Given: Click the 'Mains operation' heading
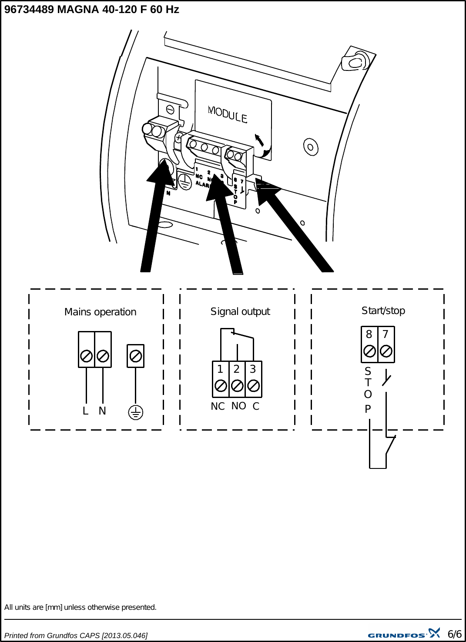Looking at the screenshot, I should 100,312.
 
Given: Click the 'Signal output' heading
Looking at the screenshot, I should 240,311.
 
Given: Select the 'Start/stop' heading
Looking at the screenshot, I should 383,311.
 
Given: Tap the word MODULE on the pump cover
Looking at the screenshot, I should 228,115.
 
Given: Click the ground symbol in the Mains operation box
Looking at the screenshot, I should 136,412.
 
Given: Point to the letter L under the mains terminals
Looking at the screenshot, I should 85,411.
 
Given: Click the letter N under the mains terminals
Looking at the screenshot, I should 102,411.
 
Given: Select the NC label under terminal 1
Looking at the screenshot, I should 218,406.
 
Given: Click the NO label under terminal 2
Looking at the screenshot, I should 238,406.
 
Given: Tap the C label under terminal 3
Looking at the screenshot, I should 256,406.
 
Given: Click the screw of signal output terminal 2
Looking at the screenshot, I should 237,385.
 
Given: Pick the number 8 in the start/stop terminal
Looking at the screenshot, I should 369,334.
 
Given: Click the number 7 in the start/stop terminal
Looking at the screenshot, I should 385,334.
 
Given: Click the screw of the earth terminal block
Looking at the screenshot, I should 136,356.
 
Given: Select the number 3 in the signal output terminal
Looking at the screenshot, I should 253,369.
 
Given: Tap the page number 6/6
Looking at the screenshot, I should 454,634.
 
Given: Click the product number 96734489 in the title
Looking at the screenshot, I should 29,10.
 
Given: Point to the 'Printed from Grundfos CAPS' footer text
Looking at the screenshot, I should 76,635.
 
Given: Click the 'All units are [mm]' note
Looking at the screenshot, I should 80,607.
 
